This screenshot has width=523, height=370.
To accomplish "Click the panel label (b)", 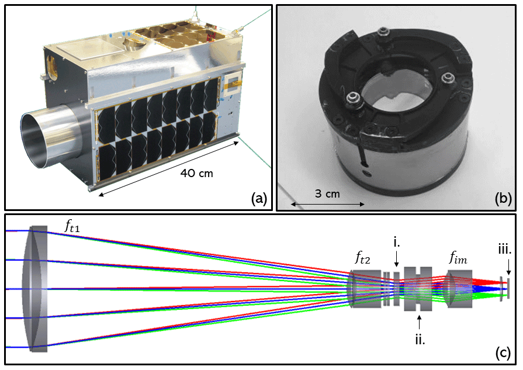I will (x=502, y=199).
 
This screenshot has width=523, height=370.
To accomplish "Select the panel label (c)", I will (x=501, y=353).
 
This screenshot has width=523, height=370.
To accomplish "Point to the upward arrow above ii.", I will (x=419, y=321).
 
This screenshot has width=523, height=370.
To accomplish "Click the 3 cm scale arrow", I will (x=328, y=204).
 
